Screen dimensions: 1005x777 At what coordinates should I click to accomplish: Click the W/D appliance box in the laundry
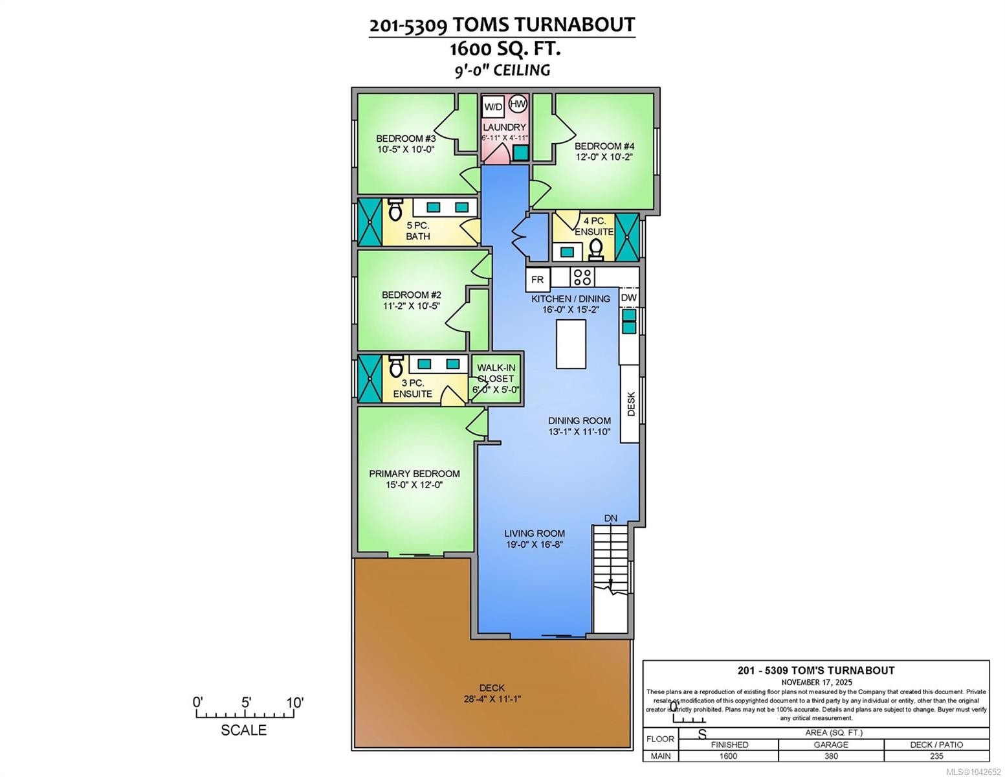pos(493,107)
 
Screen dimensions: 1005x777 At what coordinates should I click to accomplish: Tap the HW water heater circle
pos(518,104)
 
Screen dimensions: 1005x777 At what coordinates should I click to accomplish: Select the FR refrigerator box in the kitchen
pos(537,280)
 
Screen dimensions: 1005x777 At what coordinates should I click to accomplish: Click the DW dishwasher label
pos(628,298)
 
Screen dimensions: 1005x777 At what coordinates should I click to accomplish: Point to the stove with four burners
pos(582,276)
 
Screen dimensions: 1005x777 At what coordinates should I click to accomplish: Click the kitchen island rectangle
pos(571,344)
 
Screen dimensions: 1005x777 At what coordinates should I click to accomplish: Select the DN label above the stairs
pos(610,518)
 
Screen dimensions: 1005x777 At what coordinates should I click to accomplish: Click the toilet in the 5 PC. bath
pos(395,210)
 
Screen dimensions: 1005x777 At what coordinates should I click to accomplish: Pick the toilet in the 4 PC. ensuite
pos(596,251)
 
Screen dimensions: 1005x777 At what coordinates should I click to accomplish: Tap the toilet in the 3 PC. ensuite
pos(395,366)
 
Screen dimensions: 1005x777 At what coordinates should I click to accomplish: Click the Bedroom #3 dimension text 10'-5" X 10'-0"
pos(406,149)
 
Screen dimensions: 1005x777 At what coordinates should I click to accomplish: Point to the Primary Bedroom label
pos(414,473)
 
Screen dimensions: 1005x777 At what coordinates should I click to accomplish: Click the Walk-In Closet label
pos(496,373)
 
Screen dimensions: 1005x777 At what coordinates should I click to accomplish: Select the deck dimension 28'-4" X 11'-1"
pos(492,699)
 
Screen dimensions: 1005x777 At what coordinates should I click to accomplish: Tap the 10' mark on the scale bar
pos(294,703)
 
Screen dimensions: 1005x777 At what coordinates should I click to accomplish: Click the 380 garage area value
pos(831,756)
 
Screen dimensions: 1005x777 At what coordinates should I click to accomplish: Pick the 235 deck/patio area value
pos(936,756)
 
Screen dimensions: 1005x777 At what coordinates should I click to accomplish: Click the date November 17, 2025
pos(817,682)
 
